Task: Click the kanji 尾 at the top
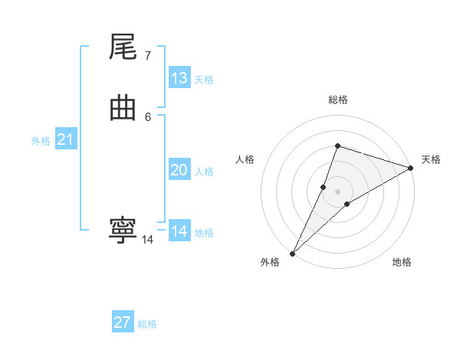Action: [123, 49]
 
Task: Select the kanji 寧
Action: [123, 231]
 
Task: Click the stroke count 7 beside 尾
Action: [147, 56]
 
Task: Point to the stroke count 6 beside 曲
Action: [147, 116]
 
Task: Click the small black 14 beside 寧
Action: [147, 240]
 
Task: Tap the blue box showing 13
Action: [179, 78]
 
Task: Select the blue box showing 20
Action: [179, 170]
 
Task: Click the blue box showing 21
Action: [66, 139]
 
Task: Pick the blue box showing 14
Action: [179, 231]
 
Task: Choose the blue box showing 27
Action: [123, 322]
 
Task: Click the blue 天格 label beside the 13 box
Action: [204, 80]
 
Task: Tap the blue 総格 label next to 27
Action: [147, 324]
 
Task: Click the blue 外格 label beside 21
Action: [41, 141]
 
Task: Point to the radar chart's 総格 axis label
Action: [338, 100]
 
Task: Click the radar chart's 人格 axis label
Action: [245, 159]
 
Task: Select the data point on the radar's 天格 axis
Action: [410, 169]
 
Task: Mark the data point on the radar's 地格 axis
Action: [347, 204]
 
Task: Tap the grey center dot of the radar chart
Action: [338, 191]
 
